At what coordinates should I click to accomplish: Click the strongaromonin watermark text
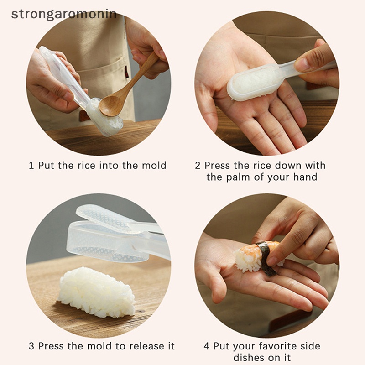(64, 14)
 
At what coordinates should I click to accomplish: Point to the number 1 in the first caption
(31, 166)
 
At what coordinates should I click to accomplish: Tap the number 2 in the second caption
(198, 166)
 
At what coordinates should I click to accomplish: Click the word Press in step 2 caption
(218, 166)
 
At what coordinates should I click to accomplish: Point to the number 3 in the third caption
(31, 346)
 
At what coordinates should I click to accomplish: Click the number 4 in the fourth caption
(205, 346)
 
